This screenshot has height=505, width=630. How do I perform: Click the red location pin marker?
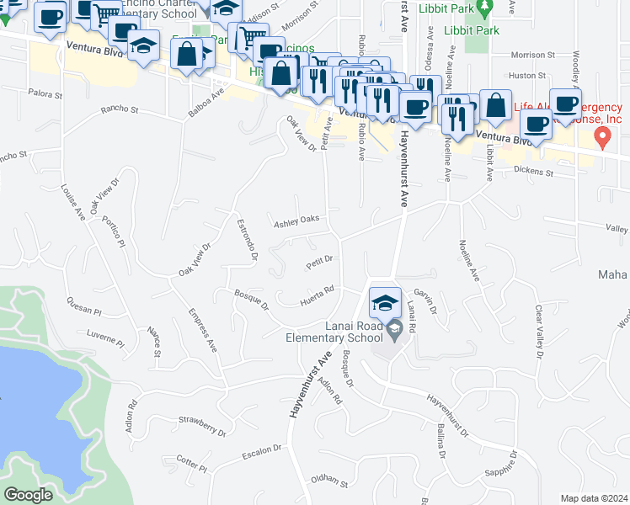click(602, 136)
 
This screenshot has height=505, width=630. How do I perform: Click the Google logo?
click(28, 495)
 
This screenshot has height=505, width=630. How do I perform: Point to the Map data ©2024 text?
click(593, 498)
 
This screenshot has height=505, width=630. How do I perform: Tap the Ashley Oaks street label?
click(296, 221)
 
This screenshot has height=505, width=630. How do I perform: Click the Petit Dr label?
click(321, 262)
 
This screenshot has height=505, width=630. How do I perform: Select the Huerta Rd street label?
click(318, 295)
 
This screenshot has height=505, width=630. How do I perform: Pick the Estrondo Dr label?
click(245, 240)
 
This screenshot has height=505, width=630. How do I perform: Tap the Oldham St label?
click(329, 483)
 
